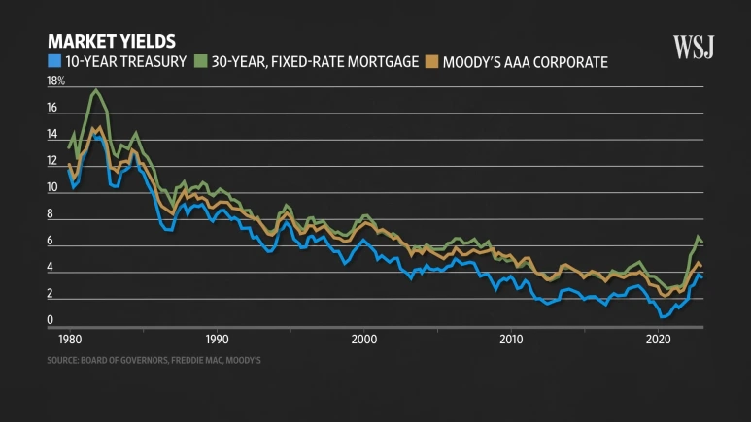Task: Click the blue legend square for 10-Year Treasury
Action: [x=54, y=62]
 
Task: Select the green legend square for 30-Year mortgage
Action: [x=201, y=62]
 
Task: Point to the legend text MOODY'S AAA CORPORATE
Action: [x=525, y=62]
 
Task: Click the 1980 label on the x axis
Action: [x=70, y=340]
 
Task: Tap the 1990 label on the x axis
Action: [x=217, y=340]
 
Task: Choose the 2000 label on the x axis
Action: [x=364, y=340]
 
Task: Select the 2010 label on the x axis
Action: [x=511, y=340]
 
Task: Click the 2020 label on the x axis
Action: [x=659, y=340]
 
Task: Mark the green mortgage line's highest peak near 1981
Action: [x=95, y=90]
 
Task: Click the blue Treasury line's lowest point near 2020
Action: [x=664, y=316]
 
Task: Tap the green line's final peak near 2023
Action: [x=697, y=237]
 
